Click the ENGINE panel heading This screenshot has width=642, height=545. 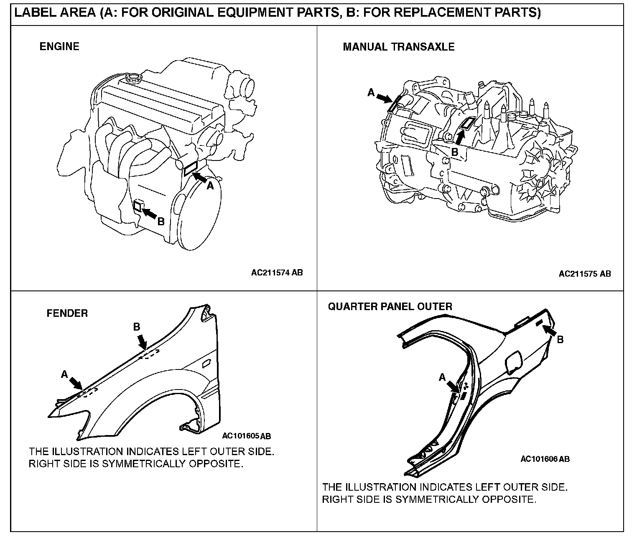click(x=59, y=46)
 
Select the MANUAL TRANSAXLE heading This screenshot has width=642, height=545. click(x=398, y=47)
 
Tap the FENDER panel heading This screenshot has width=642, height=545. click(x=67, y=313)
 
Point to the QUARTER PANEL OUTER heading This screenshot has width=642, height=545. click(x=390, y=307)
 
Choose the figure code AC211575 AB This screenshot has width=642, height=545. click(x=584, y=274)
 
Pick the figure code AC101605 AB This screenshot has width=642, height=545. click(x=246, y=436)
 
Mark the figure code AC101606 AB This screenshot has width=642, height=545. click(x=545, y=459)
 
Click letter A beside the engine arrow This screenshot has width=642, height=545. click(x=210, y=186)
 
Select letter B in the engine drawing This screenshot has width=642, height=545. click(x=161, y=222)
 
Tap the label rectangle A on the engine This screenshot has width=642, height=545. click(x=190, y=168)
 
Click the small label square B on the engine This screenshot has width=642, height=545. click(x=137, y=205)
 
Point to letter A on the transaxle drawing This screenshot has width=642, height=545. click(x=371, y=93)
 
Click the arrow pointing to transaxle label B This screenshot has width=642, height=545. click(x=460, y=138)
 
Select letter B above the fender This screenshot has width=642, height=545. click(x=137, y=327)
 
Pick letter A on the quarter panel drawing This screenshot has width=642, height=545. click(x=442, y=377)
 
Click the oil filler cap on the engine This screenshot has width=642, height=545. click(x=133, y=77)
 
